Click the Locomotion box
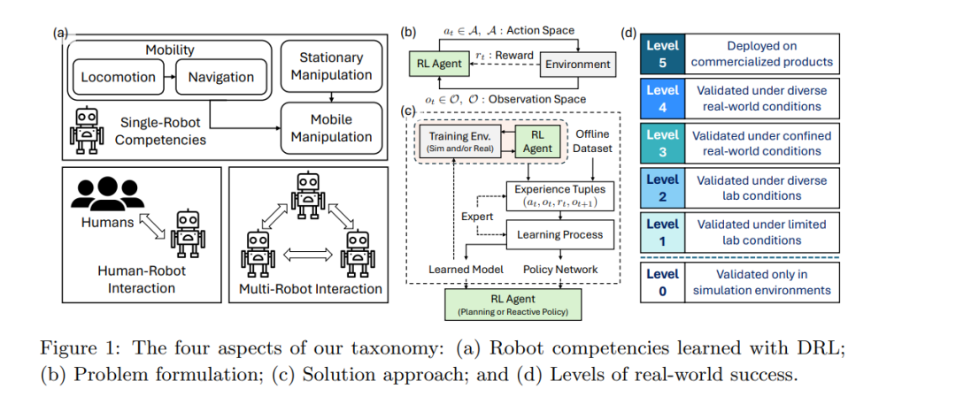tap(119, 78)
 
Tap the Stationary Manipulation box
tap(331, 66)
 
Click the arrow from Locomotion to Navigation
tap(169, 78)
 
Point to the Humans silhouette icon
tap(107, 194)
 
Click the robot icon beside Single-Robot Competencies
tap(85, 130)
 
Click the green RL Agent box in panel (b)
tap(438, 64)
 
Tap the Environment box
tap(577, 64)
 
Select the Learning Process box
tap(559, 234)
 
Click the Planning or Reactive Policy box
tap(513, 304)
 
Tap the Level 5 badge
tap(662, 54)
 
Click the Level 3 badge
tap(662, 143)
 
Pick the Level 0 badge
tap(662, 282)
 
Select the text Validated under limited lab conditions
tap(763, 232)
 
